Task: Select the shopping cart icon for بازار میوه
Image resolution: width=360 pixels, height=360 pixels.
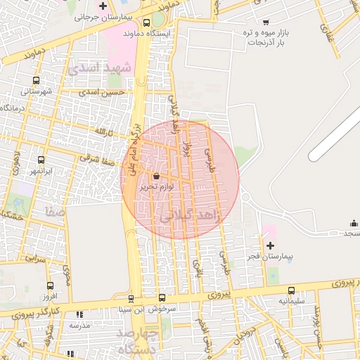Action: [x=265, y=22]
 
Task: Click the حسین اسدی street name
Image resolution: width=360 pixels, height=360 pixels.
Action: [x=102, y=92]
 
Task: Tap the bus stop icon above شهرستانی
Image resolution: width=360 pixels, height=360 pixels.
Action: [x=37, y=80]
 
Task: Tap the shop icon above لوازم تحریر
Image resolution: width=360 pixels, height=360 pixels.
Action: [x=155, y=176]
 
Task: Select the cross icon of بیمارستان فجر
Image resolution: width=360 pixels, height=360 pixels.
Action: [x=270, y=245]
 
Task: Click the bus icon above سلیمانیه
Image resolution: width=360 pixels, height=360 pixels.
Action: [x=291, y=290]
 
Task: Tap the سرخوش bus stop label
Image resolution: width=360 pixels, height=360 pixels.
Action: [x=171, y=308]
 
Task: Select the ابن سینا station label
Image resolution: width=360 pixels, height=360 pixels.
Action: [x=134, y=308]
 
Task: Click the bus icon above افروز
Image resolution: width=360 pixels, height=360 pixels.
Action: [x=49, y=286]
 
